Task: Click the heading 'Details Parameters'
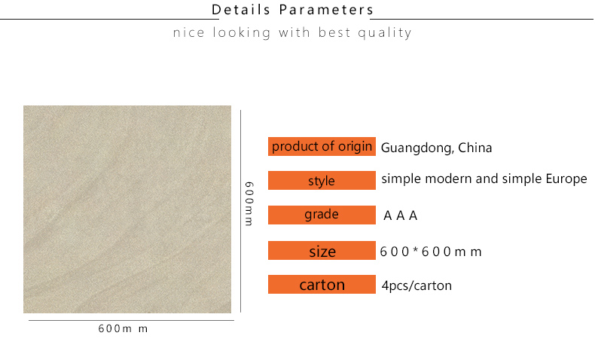pos(292,10)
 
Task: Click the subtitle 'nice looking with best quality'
pos(292,32)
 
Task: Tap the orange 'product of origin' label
pos(322,146)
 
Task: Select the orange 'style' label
pos(322,180)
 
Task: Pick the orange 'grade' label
pos(322,215)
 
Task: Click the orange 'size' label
pos(322,250)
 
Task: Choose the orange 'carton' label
pos(322,284)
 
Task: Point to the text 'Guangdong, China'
pos(436,148)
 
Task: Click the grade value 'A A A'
pos(401,215)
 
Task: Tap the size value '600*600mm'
pos(431,252)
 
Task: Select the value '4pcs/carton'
pos(416,285)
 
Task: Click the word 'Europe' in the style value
pos(566,179)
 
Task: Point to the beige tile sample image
pos(127,209)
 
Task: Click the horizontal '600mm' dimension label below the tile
pos(123,328)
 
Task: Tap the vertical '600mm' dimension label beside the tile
pos(249,203)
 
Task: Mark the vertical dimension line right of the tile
pos(240,212)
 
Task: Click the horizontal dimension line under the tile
pos(131,321)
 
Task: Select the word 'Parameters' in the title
pos(326,10)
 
